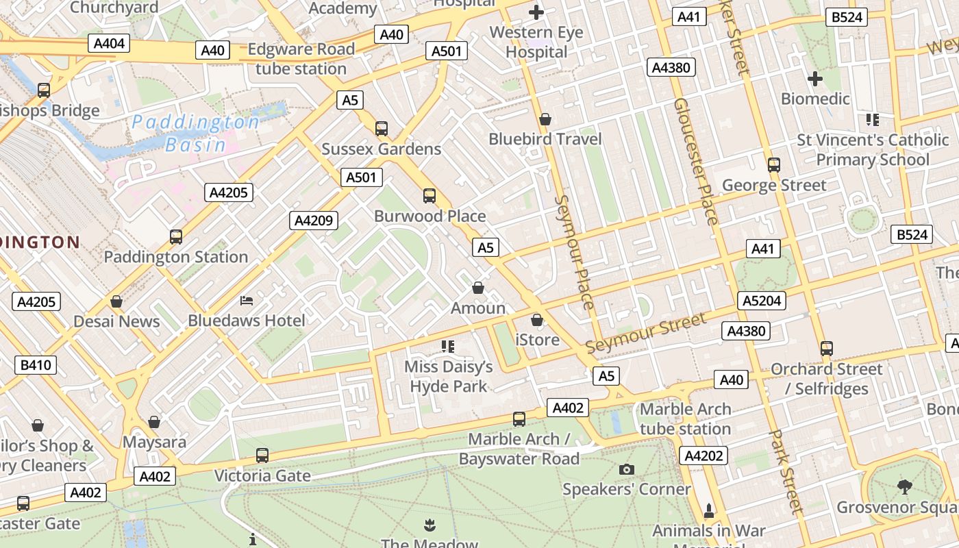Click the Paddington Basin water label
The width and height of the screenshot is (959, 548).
tap(196, 133)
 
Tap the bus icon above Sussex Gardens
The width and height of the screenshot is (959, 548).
tap(382, 128)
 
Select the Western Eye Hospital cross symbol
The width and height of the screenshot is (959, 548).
tap(536, 12)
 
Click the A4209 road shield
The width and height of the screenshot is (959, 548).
tap(313, 221)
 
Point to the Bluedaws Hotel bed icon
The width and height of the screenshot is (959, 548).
tap(247, 301)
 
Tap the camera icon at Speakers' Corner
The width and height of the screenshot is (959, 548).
tap(626, 469)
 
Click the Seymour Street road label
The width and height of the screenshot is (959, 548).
tap(645, 334)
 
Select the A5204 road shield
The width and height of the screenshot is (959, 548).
tap(762, 301)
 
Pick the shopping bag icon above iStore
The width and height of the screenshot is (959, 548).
tap(537, 320)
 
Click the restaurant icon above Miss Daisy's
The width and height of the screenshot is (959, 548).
tap(448, 347)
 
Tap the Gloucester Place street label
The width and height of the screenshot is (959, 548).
tap(696, 162)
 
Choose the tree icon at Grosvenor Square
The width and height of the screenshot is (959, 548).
tap(905, 487)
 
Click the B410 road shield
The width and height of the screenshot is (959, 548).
tap(36, 365)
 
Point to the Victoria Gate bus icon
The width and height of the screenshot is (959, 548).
tap(262, 455)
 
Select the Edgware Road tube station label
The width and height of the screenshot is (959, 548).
tap(301, 59)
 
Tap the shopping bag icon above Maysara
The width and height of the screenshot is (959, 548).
tap(154, 422)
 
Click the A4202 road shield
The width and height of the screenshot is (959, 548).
tap(703, 456)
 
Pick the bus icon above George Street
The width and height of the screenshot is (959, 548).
tap(774, 165)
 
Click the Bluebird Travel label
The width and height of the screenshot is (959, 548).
tap(545, 139)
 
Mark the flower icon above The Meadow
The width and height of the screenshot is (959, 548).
tap(429, 525)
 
